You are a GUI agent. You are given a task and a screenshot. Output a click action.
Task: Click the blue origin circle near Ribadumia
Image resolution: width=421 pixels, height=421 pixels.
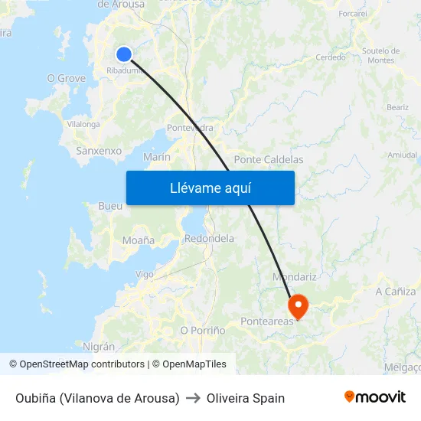coord(124,54)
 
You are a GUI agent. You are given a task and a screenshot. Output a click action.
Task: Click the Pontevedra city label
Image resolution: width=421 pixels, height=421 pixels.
coord(190,128)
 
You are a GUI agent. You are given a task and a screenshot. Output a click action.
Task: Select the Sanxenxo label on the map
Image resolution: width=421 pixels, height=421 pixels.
coord(99,151)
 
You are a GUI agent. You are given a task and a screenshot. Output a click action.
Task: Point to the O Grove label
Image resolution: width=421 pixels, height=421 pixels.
coord(67,78)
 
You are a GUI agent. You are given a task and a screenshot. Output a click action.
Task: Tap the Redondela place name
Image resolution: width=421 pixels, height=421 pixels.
coord(209,238)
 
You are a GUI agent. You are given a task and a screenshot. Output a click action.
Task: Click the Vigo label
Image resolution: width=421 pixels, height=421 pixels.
coord(144,274)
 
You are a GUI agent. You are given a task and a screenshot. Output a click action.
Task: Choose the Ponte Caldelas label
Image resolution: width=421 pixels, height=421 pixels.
coord(269,160)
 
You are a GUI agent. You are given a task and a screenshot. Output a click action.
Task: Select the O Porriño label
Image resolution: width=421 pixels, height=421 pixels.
coord(203,330)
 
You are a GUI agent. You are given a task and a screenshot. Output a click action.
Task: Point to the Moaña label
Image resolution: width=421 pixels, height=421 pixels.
coord(139,240)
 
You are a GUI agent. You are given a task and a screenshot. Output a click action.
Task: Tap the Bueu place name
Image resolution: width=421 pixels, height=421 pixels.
coord(110,207)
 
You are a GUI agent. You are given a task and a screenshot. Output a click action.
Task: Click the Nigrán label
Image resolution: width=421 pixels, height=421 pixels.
coord(99,347)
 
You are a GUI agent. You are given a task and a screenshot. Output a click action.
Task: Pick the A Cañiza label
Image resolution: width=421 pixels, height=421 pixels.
coord(396,292)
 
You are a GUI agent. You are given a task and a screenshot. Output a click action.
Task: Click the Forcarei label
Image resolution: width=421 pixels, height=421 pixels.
coord(353,14)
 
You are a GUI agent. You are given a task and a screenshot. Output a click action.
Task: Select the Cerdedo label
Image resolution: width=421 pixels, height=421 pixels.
coord(331,57)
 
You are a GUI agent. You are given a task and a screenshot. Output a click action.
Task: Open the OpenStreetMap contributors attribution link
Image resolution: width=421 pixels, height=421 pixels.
coord(82,364)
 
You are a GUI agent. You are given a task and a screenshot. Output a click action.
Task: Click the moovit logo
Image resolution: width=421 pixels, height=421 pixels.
coord(374,397)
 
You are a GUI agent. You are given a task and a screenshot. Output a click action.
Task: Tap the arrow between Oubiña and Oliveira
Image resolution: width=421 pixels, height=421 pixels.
coord(193,398)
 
